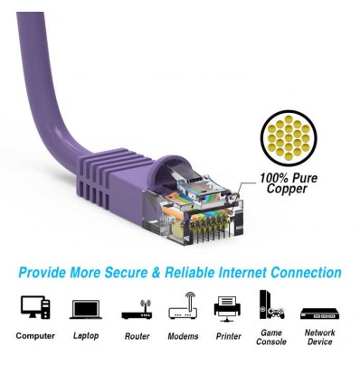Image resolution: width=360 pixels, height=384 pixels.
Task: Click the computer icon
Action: point(35,308)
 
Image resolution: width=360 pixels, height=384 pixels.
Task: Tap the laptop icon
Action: point(86,309)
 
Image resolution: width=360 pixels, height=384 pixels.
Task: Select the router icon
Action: point(136,308)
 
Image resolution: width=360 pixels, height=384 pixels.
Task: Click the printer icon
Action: point(228,307)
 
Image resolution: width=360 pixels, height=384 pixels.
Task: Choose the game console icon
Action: point(271,305)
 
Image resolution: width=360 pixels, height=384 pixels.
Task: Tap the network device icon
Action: point(318,313)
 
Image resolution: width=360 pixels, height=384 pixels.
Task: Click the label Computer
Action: point(35,337)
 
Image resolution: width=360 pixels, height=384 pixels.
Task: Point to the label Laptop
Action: point(86,337)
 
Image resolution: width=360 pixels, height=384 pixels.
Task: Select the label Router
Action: point(136,337)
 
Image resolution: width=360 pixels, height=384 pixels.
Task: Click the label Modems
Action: point(183,337)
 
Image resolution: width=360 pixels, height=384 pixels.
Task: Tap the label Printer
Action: point(228,337)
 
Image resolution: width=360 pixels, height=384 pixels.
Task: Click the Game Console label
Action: point(271,337)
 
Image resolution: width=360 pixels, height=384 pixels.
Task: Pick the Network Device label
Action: point(319,337)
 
